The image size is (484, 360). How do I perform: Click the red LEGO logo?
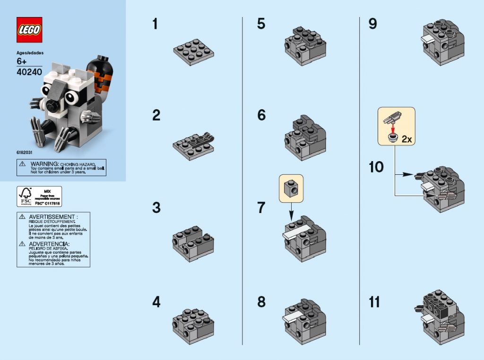tap(29, 30)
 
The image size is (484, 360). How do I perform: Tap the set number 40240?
tap(29, 72)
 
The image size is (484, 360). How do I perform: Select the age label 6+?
tap(22, 61)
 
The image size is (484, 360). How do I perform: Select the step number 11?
tap(374, 302)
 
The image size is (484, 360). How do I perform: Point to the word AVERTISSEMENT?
tap(52, 217)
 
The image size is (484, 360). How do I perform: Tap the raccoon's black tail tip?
tap(101, 64)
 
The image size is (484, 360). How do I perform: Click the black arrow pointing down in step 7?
tap(291, 207)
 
